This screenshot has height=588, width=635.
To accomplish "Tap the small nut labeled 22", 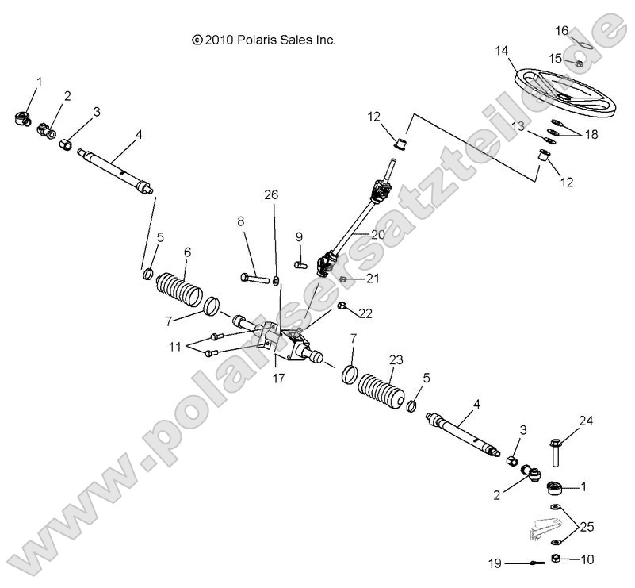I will coord(342,306).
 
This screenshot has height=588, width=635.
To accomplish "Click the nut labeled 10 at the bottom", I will coord(558,559).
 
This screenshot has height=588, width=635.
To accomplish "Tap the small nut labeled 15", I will coord(578,63).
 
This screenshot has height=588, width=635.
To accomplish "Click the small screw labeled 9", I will coord(299,264).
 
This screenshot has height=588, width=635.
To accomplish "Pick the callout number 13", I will coord(517,126).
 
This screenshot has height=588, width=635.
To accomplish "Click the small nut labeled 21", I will coord(342,279).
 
